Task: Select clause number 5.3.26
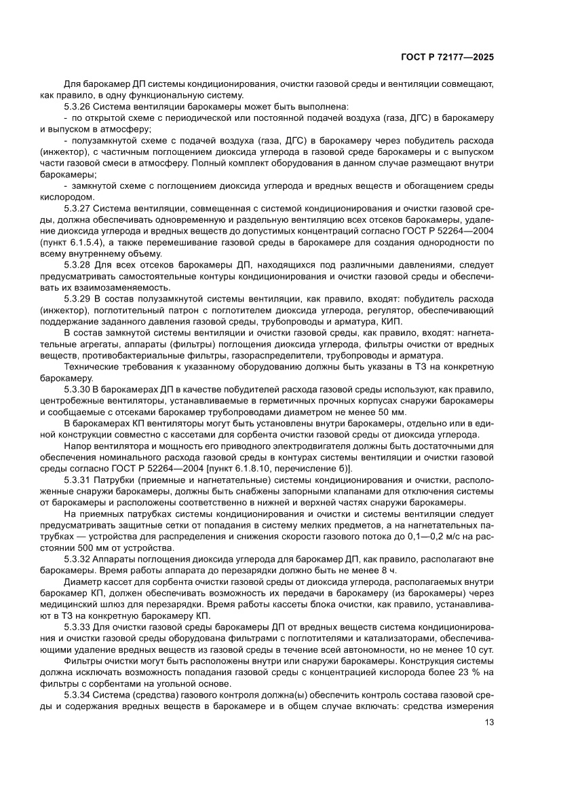tap(77, 107)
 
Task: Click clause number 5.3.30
tap(77, 390)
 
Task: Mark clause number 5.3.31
tap(77, 480)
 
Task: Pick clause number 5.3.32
tap(77, 558)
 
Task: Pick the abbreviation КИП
tap(391, 320)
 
